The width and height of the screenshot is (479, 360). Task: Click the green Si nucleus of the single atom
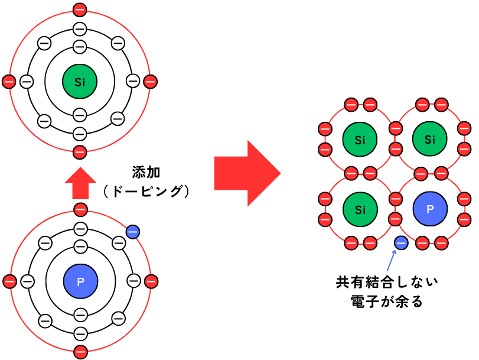pyautogui.click(x=80, y=82)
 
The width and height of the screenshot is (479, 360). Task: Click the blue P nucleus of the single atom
pyautogui.click(x=81, y=281)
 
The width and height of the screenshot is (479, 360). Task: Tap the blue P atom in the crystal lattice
pyautogui.click(x=430, y=209)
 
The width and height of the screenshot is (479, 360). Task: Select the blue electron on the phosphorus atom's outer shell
pyautogui.click(x=133, y=232)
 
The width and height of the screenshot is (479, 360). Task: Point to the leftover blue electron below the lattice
pyautogui.click(x=401, y=243)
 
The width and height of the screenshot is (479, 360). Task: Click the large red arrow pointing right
pyautogui.click(x=247, y=173)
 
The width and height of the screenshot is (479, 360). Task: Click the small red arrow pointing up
pyautogui.click(x=81, y=183)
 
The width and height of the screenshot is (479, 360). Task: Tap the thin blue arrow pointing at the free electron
pyautogui.click(x=392, y=261)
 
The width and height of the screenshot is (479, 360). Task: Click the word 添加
pyautogui.click(x=146, y=173)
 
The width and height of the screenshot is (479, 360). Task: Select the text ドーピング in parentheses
pyautogui.click(x=146, y=192)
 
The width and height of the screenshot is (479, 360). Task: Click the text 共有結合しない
pyautogui.click(x=387, y=282)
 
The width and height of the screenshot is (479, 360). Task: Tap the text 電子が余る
pyautogui.click(x=387, y=301)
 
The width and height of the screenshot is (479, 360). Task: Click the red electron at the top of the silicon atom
pyautogui.click(x=80, y=10)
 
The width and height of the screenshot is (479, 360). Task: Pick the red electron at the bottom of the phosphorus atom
pyautogui.click(x=81, y=352)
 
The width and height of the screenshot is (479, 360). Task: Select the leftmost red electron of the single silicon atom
pyautogui.click(x=9, y=82)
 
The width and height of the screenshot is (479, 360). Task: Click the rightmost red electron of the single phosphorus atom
pyautogui.click(x=151, y=281)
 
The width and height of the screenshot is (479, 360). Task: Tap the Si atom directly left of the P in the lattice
pyautogui.click(x=360, y=209)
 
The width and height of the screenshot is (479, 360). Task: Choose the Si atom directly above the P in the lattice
pyautogui.click(x=430, y=139)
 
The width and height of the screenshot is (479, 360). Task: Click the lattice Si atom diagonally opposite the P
pyautogui.click(x=360, y=140)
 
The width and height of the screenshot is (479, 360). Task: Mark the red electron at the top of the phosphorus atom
pyautogui.click(x=81, y=210)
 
